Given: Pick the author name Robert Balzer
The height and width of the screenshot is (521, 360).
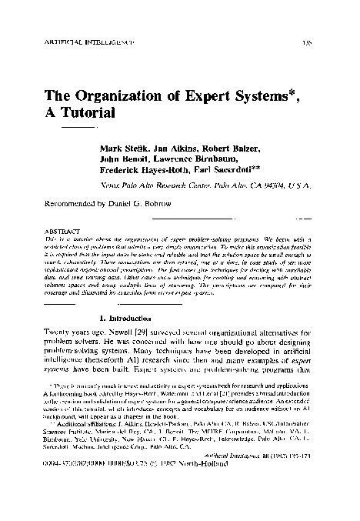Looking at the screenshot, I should coord(241,148).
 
